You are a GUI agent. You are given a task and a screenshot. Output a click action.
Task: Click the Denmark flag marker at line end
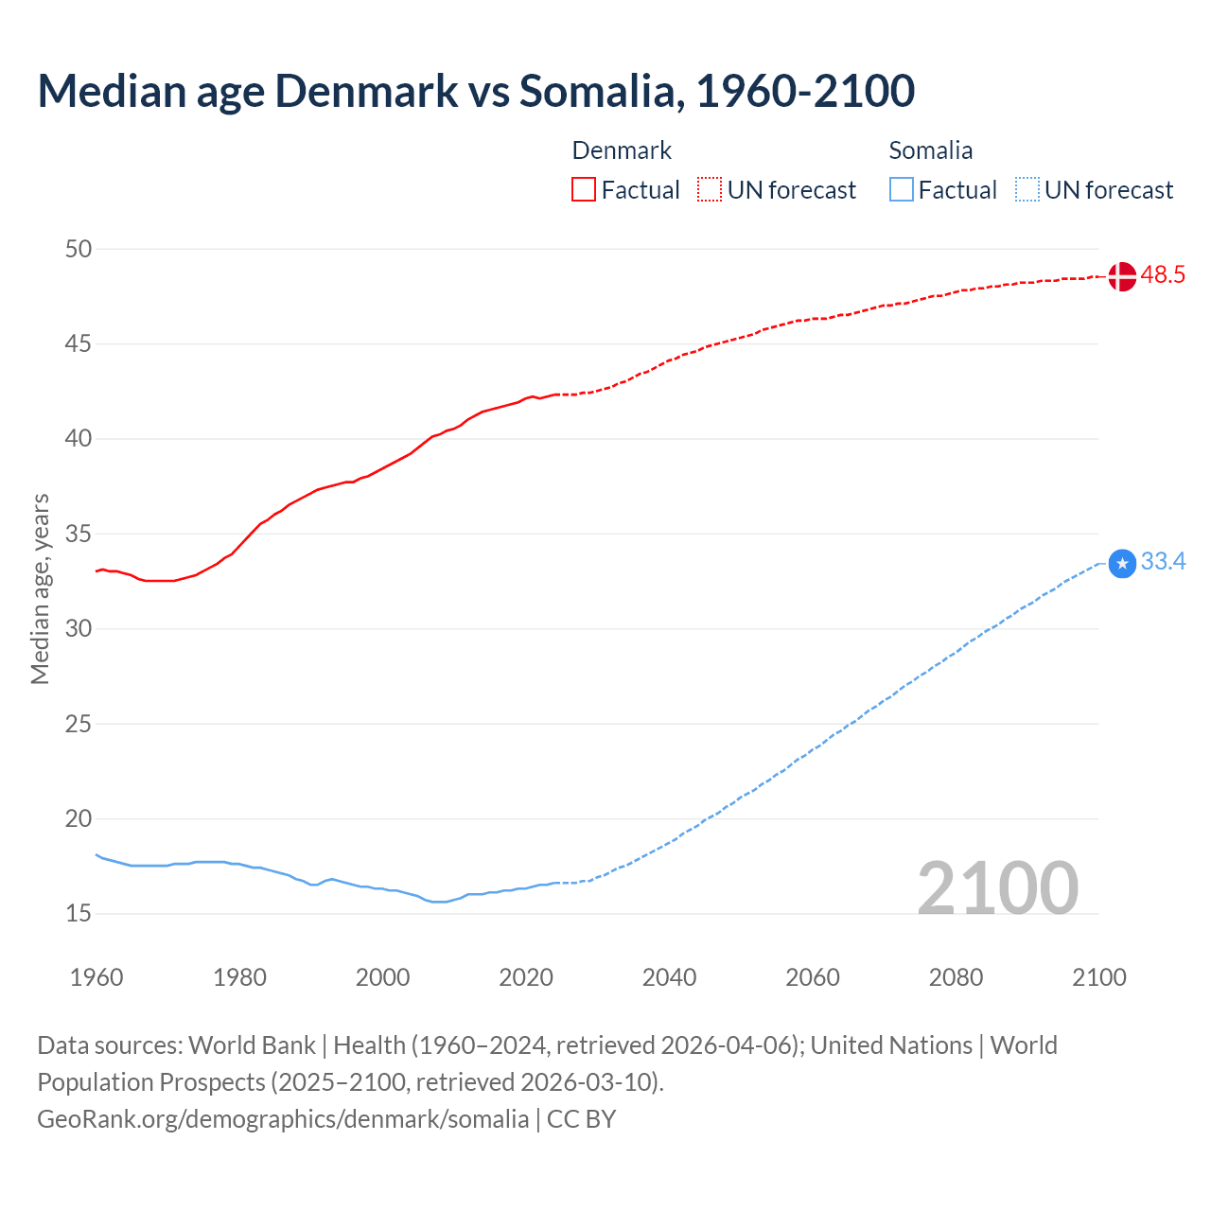1121,276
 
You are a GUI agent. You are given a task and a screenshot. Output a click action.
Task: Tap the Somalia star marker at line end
1121,564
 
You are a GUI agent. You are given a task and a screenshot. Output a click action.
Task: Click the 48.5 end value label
1163,275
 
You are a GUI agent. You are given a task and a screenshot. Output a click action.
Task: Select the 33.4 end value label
1163,562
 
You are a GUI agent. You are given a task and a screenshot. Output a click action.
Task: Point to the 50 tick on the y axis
79,249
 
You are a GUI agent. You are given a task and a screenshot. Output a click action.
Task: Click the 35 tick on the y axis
79,534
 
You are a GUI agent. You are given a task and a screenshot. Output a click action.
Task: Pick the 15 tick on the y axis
79,914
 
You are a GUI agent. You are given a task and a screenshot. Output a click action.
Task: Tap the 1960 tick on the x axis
97,977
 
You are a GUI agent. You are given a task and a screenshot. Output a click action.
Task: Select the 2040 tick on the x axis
669,977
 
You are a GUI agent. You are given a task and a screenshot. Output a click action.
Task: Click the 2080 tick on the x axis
956,977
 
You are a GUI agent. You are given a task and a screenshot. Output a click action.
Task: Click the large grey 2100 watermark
997,887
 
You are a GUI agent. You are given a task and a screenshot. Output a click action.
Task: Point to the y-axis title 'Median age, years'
40,588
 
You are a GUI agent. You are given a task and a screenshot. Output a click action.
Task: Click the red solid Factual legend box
584,190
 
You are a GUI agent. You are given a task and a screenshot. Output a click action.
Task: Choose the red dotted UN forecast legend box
710,190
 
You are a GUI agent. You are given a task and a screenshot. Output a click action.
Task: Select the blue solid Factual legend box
902,190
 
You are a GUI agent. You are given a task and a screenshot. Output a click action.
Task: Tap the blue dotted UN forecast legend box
1027,190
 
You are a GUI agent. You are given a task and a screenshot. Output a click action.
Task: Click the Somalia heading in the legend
930,150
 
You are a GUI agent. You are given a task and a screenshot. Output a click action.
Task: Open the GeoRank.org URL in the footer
283,1119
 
